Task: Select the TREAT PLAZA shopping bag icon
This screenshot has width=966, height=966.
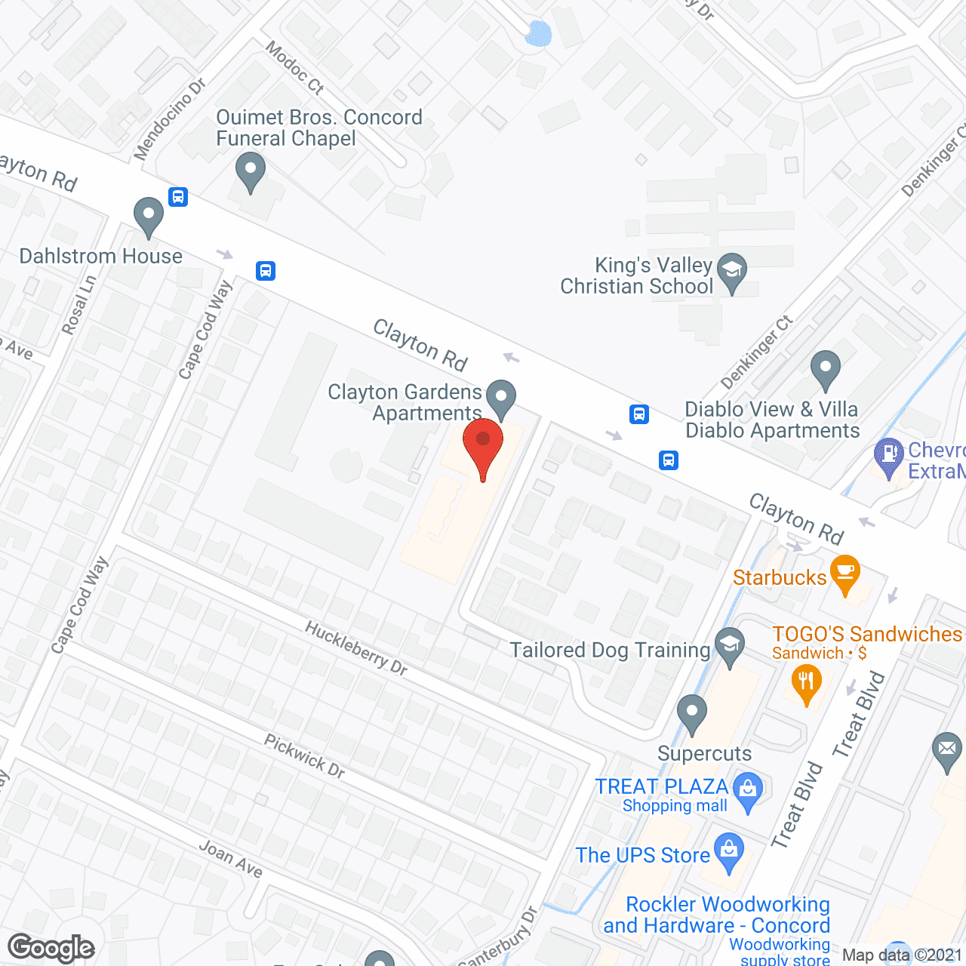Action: pos(748,789)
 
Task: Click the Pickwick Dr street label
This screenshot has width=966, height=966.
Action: pos(305,755)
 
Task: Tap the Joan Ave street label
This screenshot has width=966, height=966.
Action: pos(231,860)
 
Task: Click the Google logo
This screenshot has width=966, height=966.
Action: pos(51,948)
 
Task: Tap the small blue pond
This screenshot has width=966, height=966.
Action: pos(539,33)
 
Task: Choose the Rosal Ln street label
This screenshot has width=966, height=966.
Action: pos(79,305)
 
